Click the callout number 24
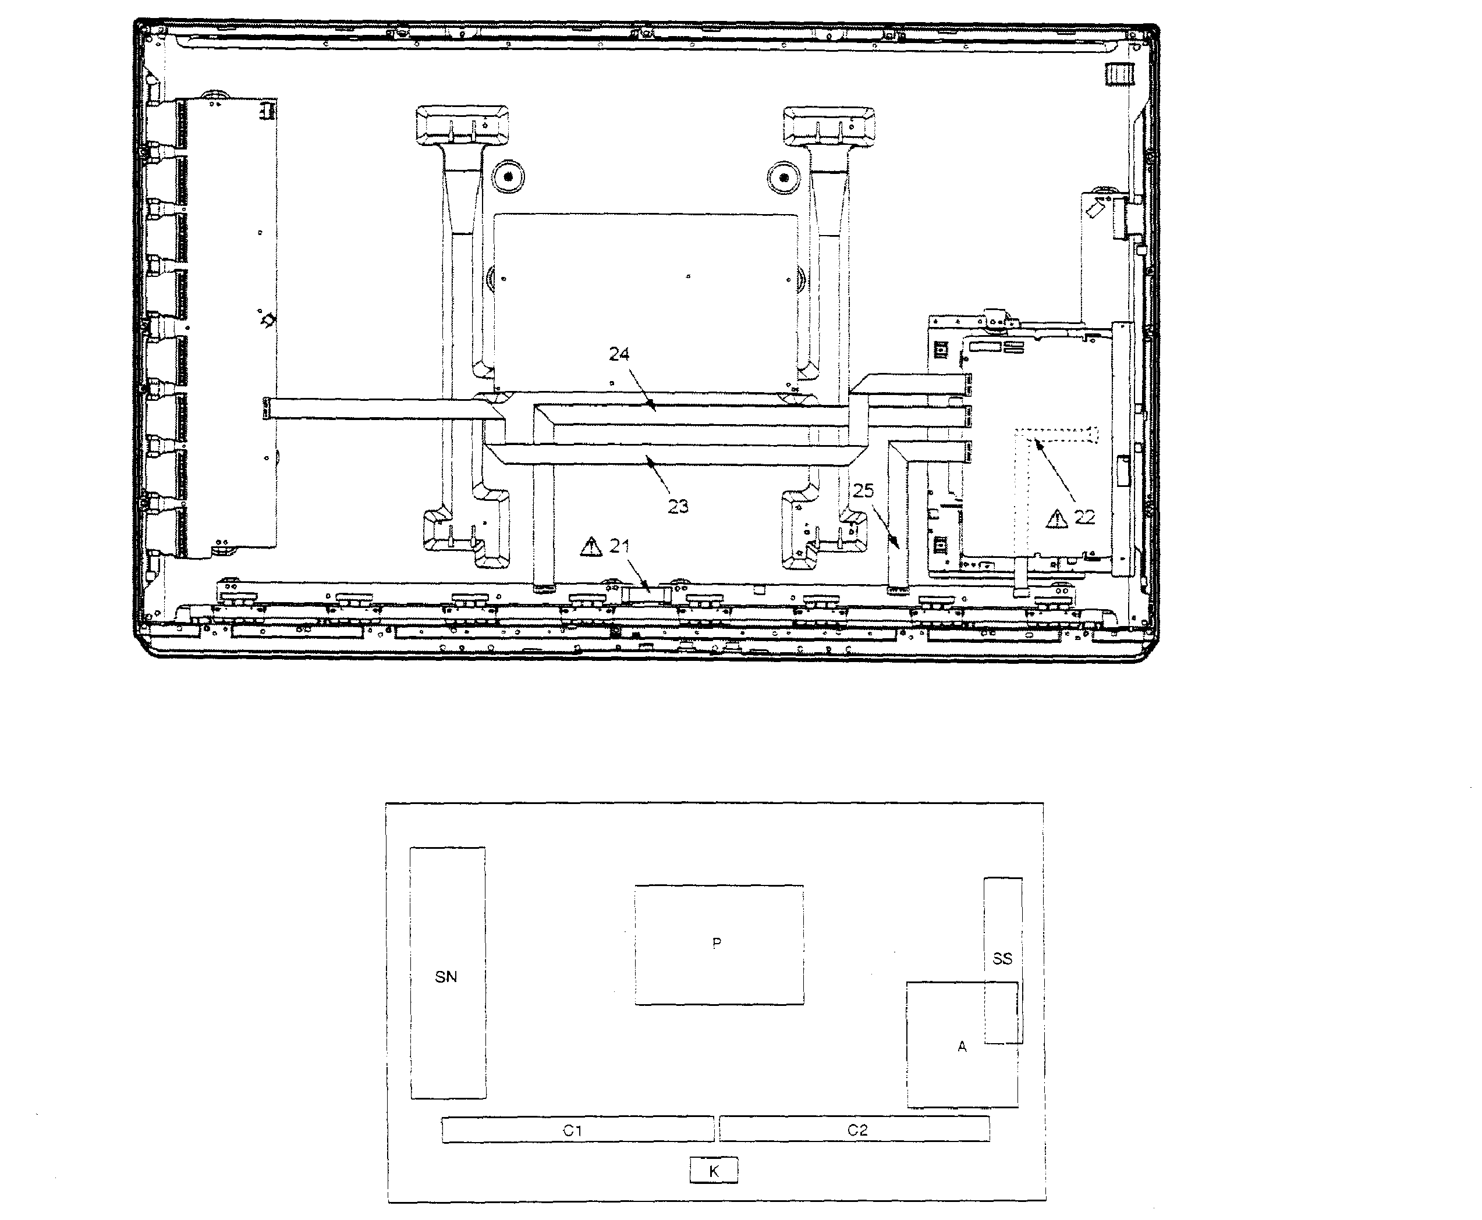pyautogui.click(x=619, y=354)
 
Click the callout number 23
pyautogui.click(x=678, y=507)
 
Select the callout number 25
pyautogui.click(x=863, y=490)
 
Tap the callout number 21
pyautogui.click(x=619, y=546)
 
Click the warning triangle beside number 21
pyautogui.click(x=591, y=546)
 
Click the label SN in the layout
pyautogui.click(x=446, y=977)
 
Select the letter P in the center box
pyautogui.click(x=717, y=942)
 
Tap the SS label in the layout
pyautogui.click(x=1002, y=959)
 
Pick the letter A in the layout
pyautogui.click(x=962, y=1047)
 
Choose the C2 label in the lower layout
pyautogui.click(x=857, y=1129)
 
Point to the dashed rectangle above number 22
pyautogui.click(x=1055, y=436)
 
